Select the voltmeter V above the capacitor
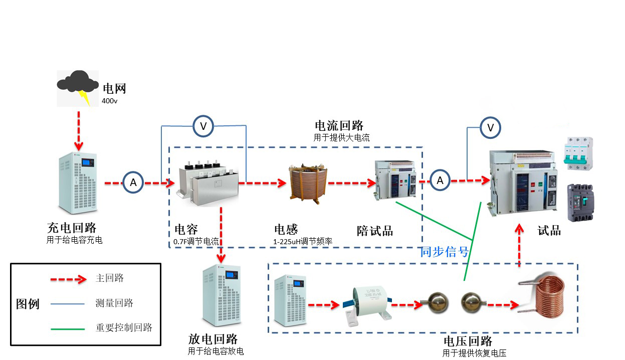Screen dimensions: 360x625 point(203,126)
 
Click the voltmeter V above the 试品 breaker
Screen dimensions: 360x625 point(491,128)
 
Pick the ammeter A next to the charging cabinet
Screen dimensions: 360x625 point(133,183)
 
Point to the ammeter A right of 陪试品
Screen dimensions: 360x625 point(440,180)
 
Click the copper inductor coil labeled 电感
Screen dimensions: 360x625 point(307,183)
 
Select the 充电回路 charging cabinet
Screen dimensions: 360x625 point(77,183)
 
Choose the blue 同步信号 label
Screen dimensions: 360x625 point(445,252)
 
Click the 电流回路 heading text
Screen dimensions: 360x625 point(339,126)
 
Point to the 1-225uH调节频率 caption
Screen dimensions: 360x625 point(303,242)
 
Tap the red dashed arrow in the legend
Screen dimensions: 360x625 point(68,279)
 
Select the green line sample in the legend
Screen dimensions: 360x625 point(68,329)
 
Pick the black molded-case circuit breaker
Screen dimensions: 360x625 point(579,203)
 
